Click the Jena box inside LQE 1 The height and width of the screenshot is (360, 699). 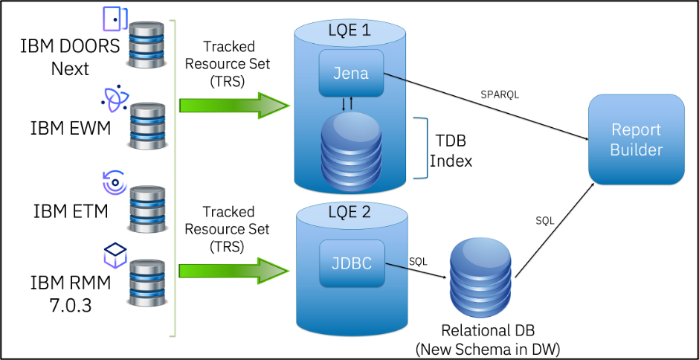click(351, 74)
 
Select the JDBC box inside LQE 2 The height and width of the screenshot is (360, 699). click(352, 263)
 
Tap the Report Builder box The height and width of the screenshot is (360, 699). click(636, 139)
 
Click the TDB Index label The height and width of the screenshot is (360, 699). click(454, 148)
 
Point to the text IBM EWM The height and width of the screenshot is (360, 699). click(71, 128)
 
